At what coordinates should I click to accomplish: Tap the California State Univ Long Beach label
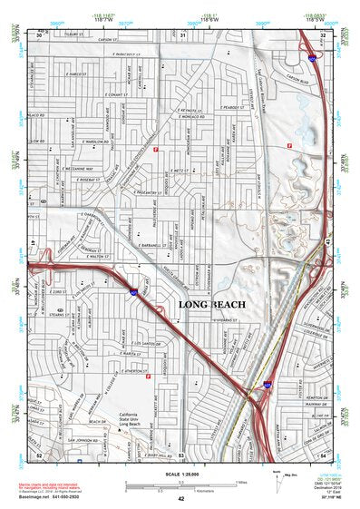(x=133, y=416)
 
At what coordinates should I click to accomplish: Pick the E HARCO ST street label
(x=76, y=73)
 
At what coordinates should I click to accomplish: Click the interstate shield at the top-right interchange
(x=310, y=57)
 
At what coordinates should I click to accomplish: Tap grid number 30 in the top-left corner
(x=39, y=35)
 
